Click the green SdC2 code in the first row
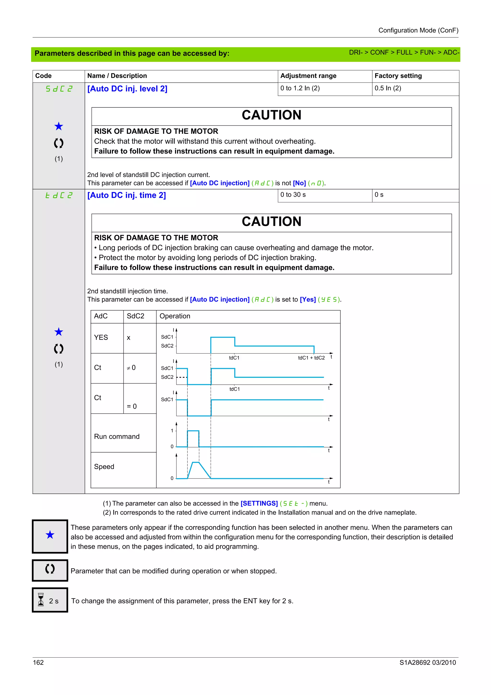click(x=59, y=89)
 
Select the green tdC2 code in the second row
click(x=59, y=195)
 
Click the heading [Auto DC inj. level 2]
click(x=127, y=89)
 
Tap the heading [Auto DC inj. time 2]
click(x=126, y=195)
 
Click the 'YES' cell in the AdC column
click(x=101, y=337)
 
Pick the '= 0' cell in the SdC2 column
click(x=132, y=406)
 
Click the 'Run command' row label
click(x=117, y=436)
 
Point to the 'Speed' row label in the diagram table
click(x=104, y=466)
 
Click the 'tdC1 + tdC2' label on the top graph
click(x=311, y=358)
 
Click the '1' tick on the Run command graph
click(x=172, y=430)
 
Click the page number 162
click(x=38, y=662)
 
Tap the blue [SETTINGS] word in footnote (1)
click(x=259, y=503)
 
